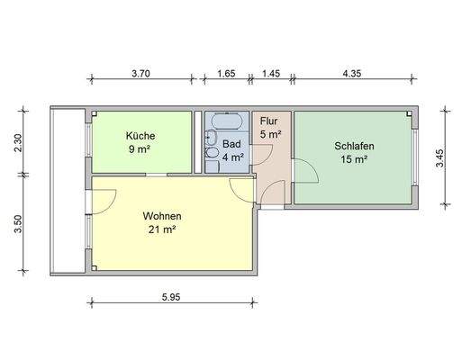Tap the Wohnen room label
pyautogui.click(x=162, y=216)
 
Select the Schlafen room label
pyautogui.click(x=354, y=146)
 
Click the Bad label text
pyautogui.click(x=232, y=142)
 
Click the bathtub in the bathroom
pyautogui.click(x=223, y=121)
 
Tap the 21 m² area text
pyautogui.click(x=162, y=229)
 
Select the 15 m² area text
pyautogui.click(x=354, y=159)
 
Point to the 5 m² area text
pyautogui.click(x=270, y=134)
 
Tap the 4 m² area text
pyautogui.click(x=232, y=156)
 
